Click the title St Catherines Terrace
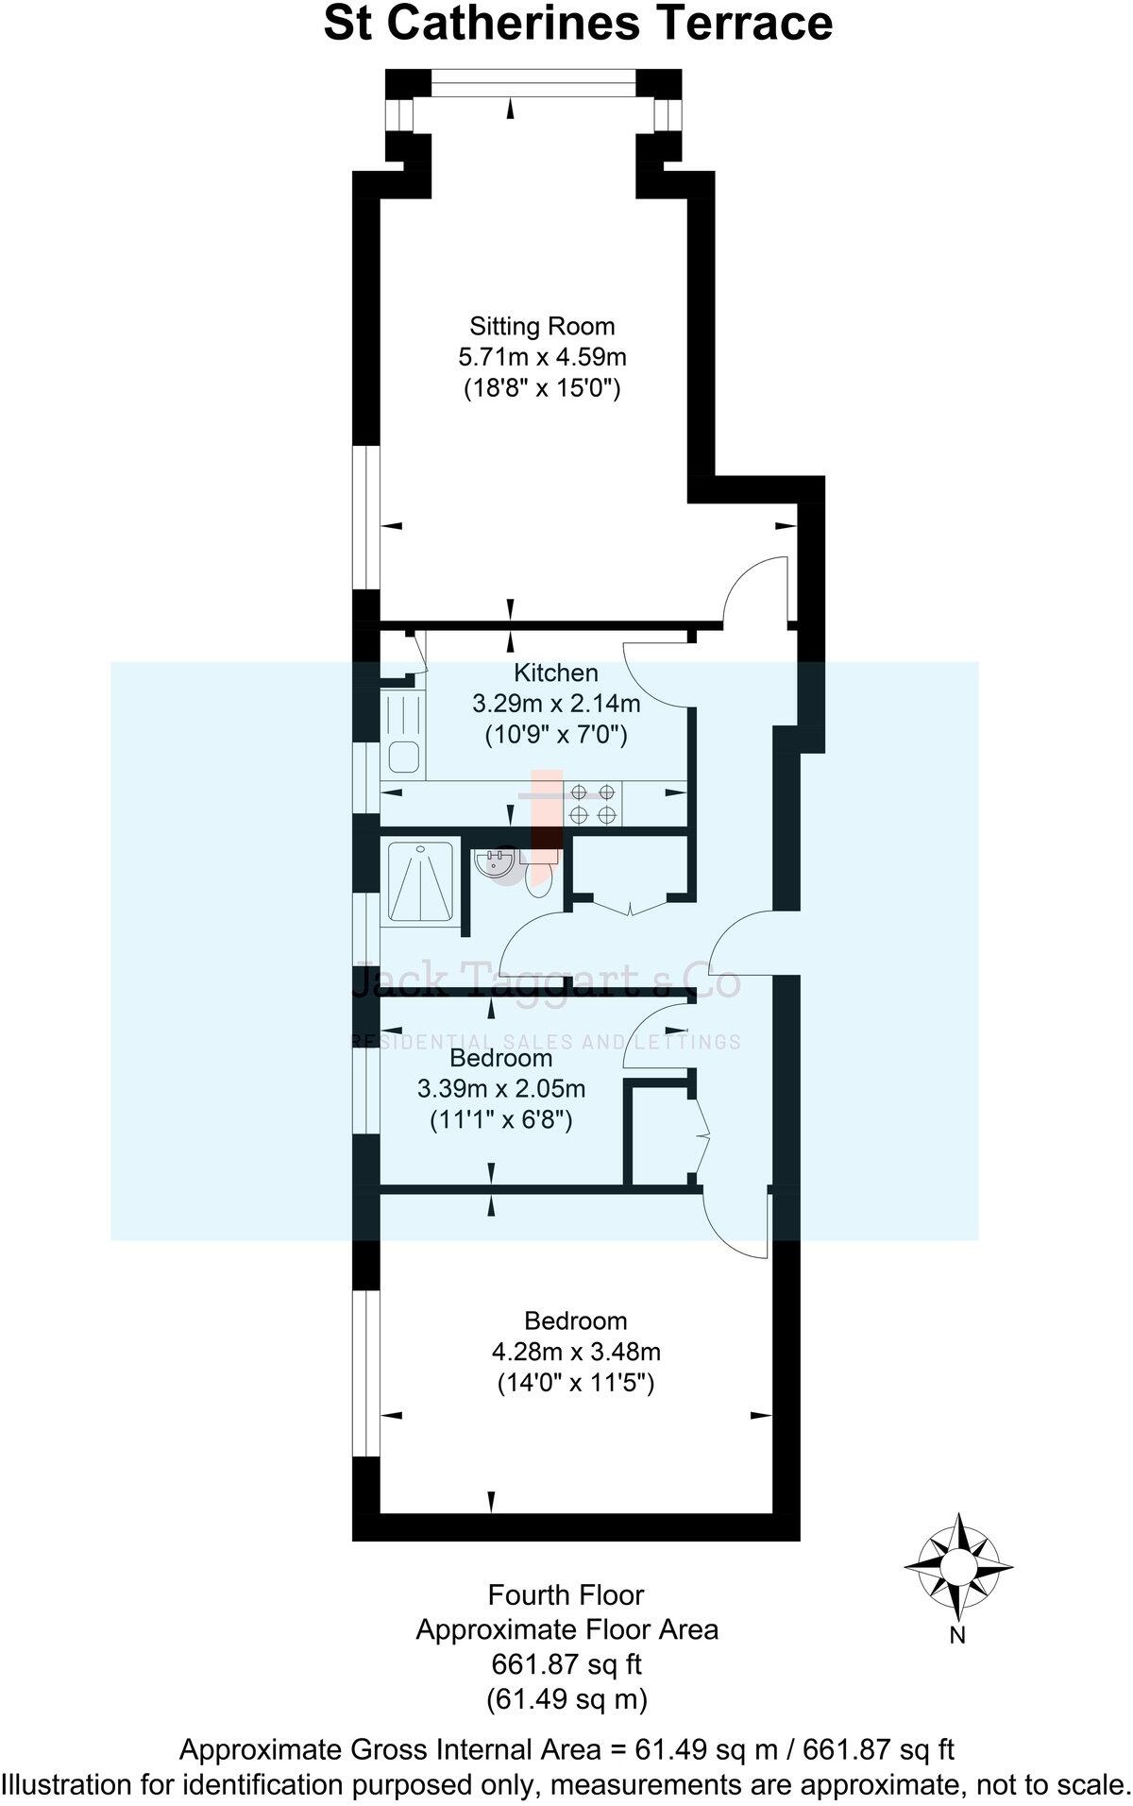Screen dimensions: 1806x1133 click(578, 25)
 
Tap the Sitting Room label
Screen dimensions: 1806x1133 click(542, 327)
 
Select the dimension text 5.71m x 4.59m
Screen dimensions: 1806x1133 click(542, 358)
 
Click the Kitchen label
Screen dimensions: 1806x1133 click(556, 673)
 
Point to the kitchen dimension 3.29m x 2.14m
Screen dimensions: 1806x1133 click(556, 704)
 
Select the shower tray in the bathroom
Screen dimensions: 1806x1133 click(420, 880)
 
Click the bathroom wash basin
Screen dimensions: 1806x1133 click(495, 862)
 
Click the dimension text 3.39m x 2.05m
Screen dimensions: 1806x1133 click(501, 1088)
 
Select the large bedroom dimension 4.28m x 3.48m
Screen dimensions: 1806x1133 click(576, 1352)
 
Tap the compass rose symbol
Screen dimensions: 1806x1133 click(958, 1568)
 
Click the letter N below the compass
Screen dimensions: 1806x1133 click(957, 1636)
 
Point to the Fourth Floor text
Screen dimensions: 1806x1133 click(566, 1595)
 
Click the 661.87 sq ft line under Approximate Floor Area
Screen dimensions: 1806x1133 click(566, 1663)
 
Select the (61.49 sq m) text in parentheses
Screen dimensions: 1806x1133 click(566, 1699)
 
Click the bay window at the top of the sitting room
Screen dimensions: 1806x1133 click(533, 86)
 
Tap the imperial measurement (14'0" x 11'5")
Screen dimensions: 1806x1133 click(576, 1384)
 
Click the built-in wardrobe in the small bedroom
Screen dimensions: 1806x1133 click(661, 1133)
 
